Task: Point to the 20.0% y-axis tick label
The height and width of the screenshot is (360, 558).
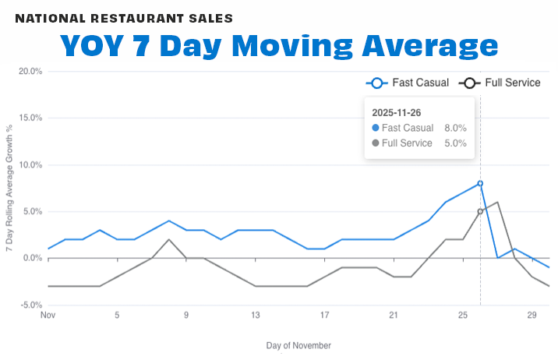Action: point(30,72)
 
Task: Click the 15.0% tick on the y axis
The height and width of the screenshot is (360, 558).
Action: point(30,118)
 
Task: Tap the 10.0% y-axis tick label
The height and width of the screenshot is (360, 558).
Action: point(30,165)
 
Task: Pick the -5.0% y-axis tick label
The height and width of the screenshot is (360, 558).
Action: point(30,305)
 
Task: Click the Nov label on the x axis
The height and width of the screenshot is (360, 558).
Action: point(48,316)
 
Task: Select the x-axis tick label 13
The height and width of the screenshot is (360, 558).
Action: point(255,316)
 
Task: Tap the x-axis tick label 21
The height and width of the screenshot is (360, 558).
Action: point(394,316)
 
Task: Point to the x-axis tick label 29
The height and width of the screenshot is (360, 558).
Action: point(532,316)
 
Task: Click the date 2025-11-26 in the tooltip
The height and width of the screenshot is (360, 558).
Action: point(397,112)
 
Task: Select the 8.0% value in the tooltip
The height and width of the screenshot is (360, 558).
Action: point(455,128)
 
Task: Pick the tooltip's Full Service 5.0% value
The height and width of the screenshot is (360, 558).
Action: point(455,143)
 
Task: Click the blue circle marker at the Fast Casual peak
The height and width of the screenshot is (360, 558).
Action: point(480,183)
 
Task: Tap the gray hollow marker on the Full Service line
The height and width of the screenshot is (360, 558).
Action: point(480,211)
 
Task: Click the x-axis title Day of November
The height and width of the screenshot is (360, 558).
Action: point(298,345)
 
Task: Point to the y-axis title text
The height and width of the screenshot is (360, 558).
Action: point(10,187)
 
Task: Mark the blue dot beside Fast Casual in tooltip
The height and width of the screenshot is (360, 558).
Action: point(376,128)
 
